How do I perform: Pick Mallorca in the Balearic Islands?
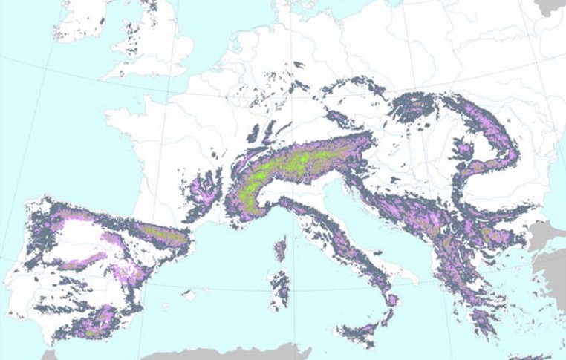click(192, 295)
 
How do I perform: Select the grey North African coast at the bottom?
click(223, 353)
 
